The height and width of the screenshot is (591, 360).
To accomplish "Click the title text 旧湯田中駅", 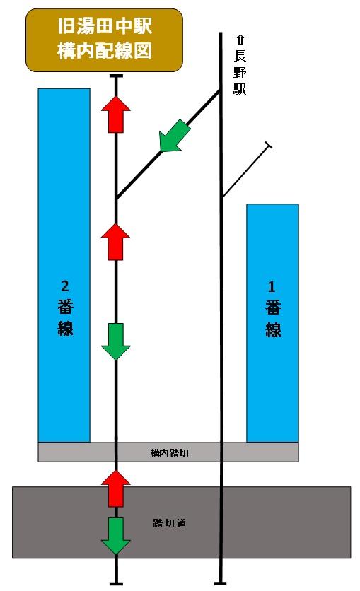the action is [x=105, y=26].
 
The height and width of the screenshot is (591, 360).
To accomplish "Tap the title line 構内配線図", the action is [x=105, y=50].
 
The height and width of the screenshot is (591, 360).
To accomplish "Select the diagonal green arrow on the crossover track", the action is [x=175, y=136].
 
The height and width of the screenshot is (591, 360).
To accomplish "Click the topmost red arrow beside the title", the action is [x=116, y=115].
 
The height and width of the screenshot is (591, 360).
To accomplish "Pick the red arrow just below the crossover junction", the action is [x=116, y=242].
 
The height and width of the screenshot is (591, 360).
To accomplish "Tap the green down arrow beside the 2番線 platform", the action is [x=116, y=341].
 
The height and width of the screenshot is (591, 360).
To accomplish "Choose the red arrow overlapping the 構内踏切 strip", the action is [x=116, y=488].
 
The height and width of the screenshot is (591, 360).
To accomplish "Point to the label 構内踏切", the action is [x=169, y=452].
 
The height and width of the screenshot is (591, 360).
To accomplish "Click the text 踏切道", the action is [x=170, y=522].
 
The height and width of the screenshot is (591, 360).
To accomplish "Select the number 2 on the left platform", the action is [x=65, y=286].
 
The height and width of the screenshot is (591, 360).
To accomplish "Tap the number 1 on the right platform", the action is [x=272, y=287].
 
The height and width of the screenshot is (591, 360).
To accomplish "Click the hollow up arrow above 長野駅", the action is [x=240, y=40].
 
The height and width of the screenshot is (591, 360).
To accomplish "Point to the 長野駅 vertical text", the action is [x=240, y=72].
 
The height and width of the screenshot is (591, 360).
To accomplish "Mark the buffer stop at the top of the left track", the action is [x=116, y=76].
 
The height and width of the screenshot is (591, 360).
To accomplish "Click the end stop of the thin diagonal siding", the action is [x=269, y=146].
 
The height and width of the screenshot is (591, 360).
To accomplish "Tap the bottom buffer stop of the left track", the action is [x=116, y=584].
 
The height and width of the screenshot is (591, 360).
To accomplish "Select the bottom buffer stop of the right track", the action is [x=221, y=584].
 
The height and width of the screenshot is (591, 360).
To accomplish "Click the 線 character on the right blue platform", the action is [x=273, y=329].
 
